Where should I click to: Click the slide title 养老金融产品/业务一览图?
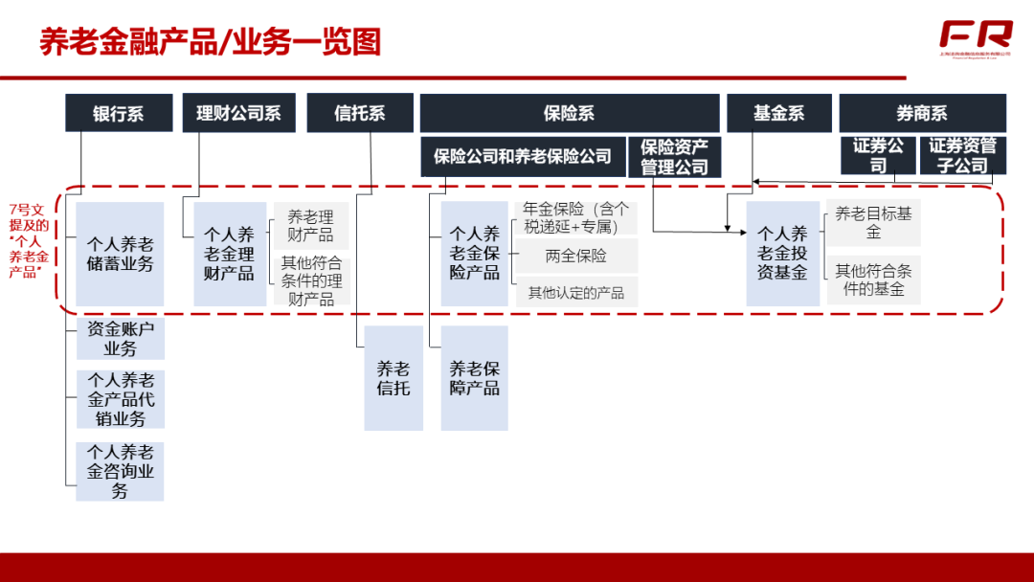(x=211, y=42)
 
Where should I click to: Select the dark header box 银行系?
(x=119, y=113)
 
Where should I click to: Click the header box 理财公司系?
(x=238, y=113)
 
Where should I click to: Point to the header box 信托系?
(x=360, y=113)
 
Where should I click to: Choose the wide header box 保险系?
(x=569, y=113)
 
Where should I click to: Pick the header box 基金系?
(x=778, y=113)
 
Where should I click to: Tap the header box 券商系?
(x=922, y=113)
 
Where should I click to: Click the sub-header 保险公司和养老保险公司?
(x=522, y=156)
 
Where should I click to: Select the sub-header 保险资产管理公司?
(x=674, y=157)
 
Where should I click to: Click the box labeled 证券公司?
(x=878, y=156)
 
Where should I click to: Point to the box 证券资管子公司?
(x=963, y=156)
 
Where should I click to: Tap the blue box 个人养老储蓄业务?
(x=120, y=254)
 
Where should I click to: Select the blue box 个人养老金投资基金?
(x=783, y=254)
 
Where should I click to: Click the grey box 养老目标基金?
(x=873, y=223)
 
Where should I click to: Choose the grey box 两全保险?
(x=576, y=257)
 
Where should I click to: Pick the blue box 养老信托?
(x=393, y=378)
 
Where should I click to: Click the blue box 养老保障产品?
(x=475, y=378)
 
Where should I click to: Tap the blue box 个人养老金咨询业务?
(x=120, y=471)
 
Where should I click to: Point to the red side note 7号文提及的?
(x=28, y=240)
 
